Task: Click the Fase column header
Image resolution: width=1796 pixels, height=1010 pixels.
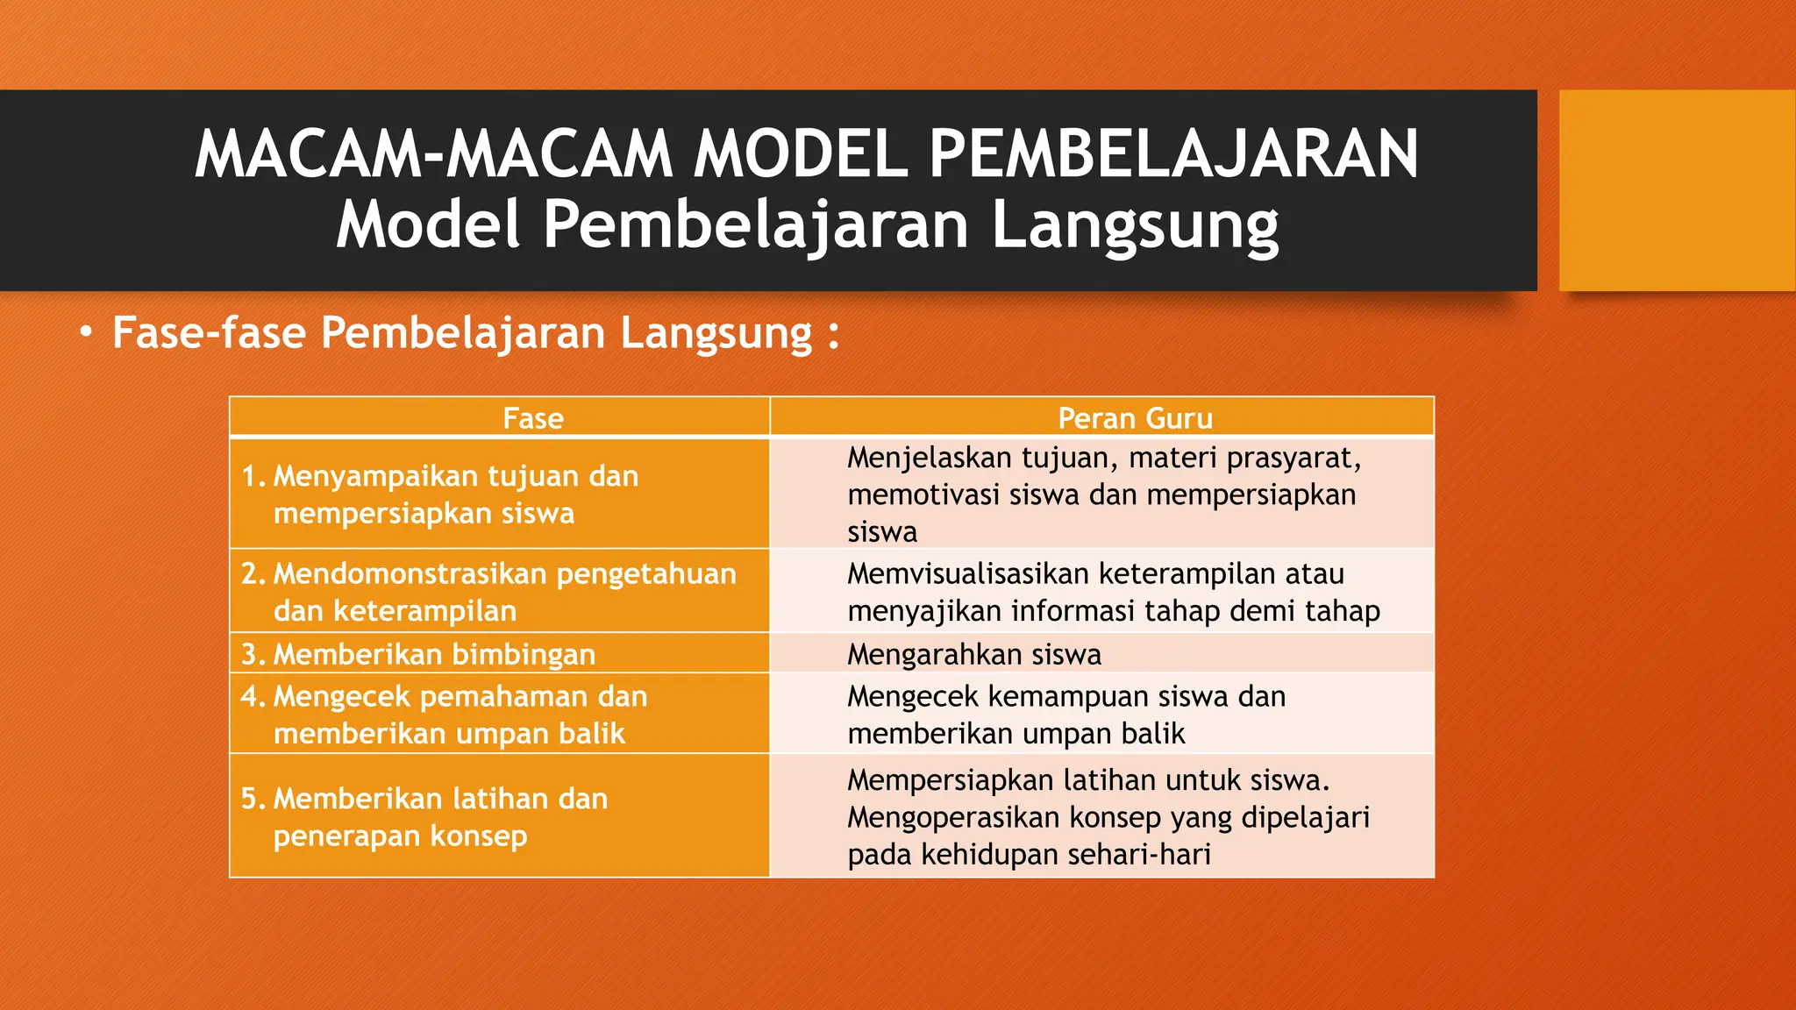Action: click(x=533, y=418)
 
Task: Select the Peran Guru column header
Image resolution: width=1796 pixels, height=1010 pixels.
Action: click(x=1135, y=418)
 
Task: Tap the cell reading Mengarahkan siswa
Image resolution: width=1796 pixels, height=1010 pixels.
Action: click(x=973, y=654)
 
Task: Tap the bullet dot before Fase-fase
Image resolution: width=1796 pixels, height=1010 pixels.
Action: click(x=85, y=333)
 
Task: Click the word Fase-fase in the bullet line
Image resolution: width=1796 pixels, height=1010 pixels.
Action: click(x=209, y=333)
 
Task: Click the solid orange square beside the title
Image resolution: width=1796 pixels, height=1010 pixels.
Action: click(x=1677, y=189)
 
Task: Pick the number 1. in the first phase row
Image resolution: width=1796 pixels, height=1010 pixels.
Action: click(x=253, y=476)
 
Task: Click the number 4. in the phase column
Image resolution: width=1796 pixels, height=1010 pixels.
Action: click(x=253, y=696)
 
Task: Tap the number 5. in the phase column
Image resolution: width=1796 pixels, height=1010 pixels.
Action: click(x=253, y=799)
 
